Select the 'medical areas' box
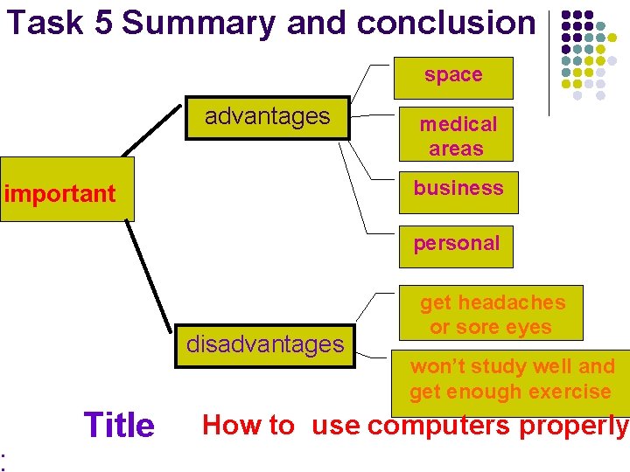pos(456,135)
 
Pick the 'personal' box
pos(456,245)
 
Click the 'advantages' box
pos(268,117)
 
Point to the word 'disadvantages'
pos(265,344)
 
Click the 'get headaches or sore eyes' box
pos(492,314)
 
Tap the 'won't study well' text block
pos(512,378)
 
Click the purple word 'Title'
pos(118,426)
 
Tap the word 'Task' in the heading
pos(45,23)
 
